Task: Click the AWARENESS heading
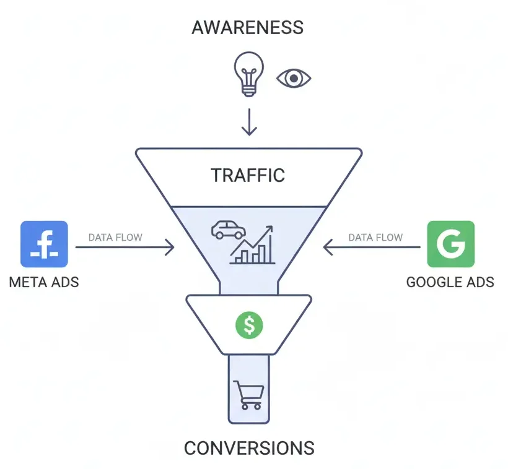[248, 27]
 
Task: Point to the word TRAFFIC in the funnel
[248, 175]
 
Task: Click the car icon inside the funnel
[227, 230]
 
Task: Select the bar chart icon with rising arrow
[253, 246]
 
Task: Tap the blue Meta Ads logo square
[44, 244]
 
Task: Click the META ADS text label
[44, 283]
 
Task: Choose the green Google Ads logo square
[451, 244]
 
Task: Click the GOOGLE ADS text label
[450, 283]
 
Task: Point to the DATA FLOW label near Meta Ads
[115, 237]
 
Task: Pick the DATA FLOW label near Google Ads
[375, 237]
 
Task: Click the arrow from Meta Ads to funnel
[125, 248]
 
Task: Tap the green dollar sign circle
[249, 324]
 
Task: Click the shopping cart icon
[248, 395]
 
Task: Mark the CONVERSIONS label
[249, 447]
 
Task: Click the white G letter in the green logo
[450, 244]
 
